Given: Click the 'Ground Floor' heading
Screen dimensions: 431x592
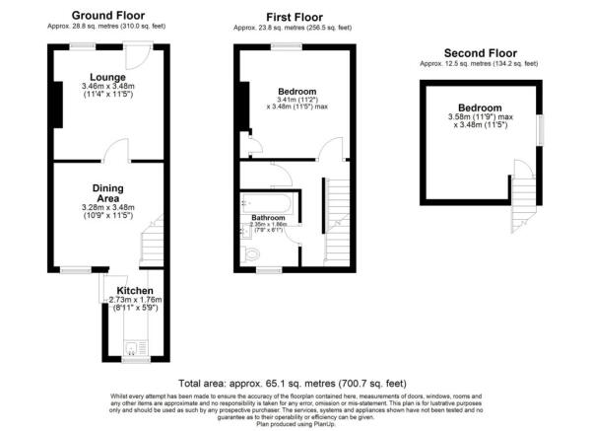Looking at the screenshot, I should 109,16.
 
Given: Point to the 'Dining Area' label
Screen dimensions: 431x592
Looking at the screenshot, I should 108,194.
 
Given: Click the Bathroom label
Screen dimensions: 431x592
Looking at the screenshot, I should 268,216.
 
